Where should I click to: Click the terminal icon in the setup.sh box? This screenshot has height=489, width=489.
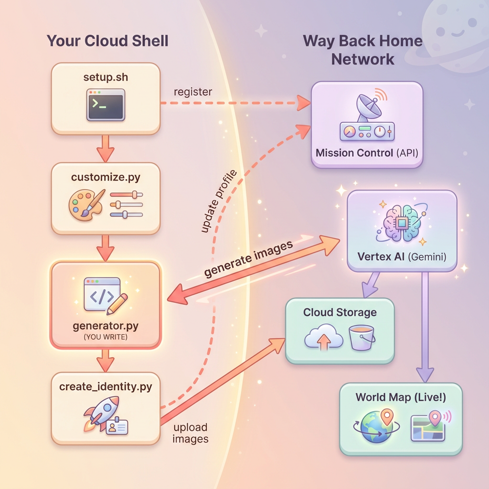point(105,104)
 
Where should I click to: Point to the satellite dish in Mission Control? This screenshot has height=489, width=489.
point(366,107)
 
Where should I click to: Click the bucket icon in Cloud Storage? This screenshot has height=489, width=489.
point(362,337)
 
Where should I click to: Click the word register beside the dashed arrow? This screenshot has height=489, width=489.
point(193,91)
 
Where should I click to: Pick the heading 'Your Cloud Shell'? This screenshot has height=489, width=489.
point(107,41)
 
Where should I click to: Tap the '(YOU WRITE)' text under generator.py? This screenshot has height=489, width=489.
point(105,336)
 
